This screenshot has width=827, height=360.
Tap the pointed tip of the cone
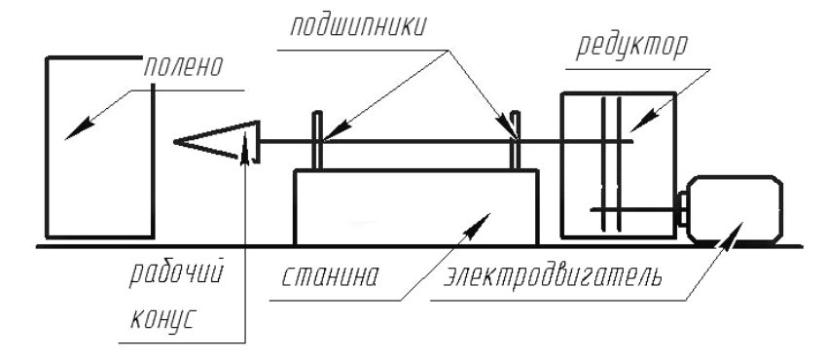pyautogui.click(x=177, y=143)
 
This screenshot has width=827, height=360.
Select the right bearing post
pyautogui.click(x=515, y=141)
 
